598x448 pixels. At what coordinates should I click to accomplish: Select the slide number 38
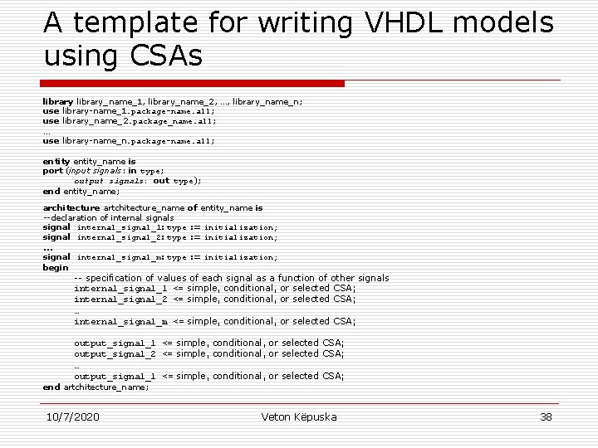pyautogui.click(x=546, y=416)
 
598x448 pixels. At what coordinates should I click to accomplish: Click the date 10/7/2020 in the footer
pyautogui.click(x=72, y=416)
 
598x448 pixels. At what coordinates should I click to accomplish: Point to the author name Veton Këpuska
pyautogui.click(x=299, y=416)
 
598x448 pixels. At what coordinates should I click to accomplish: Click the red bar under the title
pyautogui.click(x=193, y=83)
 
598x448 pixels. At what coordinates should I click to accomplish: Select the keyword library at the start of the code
pyautogui.click(x=58, y=101)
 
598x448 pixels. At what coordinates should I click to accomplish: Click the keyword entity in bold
pyautogui.click(x=56, y=161)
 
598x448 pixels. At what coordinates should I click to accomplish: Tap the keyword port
pyautogui.click(x=52, y=171)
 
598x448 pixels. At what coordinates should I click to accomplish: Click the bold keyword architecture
pyautogui.click(x=71, y=207)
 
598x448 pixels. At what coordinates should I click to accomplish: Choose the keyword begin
pyautogui.click(x=56, y=267)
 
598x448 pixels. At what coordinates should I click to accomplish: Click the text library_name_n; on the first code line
pyautogui.click(x=267, y=101)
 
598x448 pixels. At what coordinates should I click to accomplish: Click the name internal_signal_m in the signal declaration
pyautogui.click(x=120, y=257)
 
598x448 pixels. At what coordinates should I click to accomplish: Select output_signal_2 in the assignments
pyautogui.click(x=115, y=353)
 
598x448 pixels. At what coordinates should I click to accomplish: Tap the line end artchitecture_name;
pyautogui.click(x=96, y=387)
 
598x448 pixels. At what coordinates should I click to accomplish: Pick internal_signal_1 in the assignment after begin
pyautogui.click(x=120, y=288)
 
